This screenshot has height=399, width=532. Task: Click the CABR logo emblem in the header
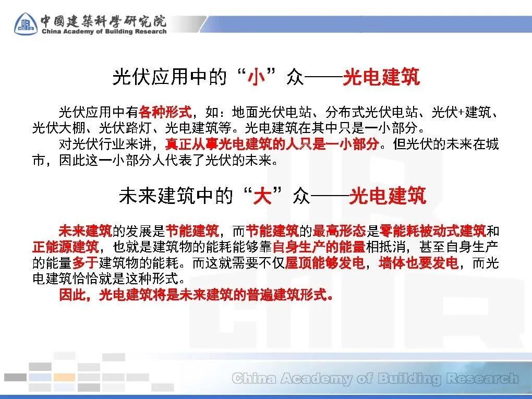click(x=26, y=24)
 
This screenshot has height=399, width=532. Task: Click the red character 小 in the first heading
click(x=256, y=77)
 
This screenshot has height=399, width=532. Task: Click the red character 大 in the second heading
click(x=262, y=196)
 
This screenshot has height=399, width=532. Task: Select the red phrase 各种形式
click(x=165, y=112)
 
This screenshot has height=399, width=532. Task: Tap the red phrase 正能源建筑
click(x=66, y=247)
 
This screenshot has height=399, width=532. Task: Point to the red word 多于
click(x=85, y=262)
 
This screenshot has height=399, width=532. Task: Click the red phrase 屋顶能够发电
click(x=325, y=262)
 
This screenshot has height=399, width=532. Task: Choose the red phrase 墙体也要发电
click(x=419, y=262)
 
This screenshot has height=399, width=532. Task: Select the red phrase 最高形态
click(x=339, y=231)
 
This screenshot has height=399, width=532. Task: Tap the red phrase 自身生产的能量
click(x=319, y=247)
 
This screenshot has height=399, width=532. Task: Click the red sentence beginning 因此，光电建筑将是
click(x=196, y=295)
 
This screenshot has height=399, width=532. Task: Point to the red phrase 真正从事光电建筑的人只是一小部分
click(x=272, y=144)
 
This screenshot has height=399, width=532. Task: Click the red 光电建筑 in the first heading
click(x=381, y=77)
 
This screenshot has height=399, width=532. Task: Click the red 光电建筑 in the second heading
click(x=388, y=196)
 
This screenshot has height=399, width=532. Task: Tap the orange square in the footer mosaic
click(x=65, y=377)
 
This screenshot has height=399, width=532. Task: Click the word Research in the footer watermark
click(x=482, y=378)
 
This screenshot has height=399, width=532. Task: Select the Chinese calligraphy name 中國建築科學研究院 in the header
click(x=103, y=21)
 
